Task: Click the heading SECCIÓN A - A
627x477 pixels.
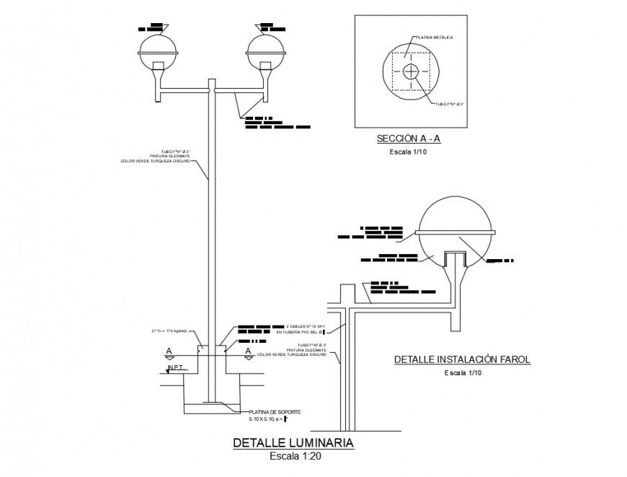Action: pos(408,138)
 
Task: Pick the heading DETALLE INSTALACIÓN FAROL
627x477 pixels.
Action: pos(462,359)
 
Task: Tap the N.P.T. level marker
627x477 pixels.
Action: pos(177,368)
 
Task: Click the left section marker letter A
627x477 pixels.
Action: pos(169,351)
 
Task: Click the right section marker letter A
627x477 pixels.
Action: pos(249,351)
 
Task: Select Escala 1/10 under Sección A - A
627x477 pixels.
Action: pos(408,152)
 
